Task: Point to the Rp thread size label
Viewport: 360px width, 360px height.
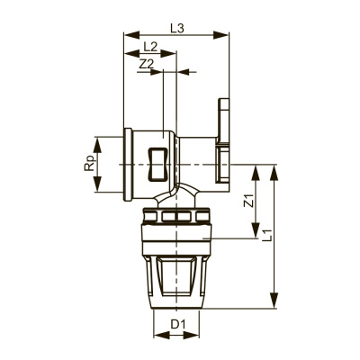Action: [87, 165]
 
